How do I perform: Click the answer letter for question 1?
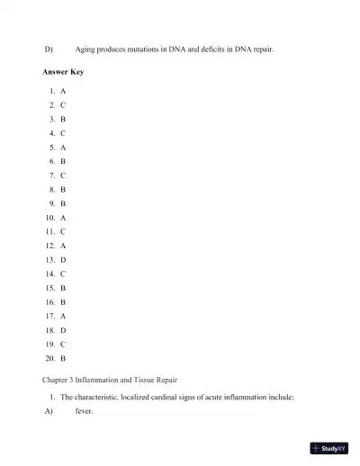63,92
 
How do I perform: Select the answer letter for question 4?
63,132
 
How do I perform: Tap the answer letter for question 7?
63,175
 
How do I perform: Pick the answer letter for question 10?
63,217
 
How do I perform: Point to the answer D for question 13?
63,259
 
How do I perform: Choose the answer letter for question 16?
63,301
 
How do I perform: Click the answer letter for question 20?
63,358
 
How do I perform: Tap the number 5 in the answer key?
52,147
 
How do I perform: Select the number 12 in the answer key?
49,245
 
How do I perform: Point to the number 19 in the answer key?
49,344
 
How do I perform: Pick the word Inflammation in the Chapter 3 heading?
103,380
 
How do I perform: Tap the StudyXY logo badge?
328,447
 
